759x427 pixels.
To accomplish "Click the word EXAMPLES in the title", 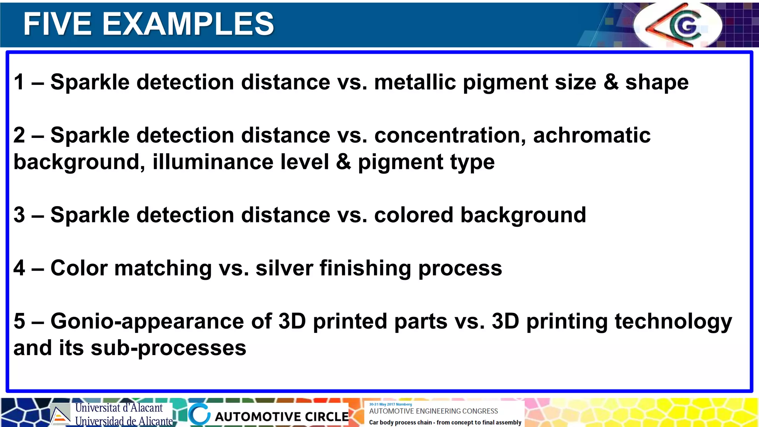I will click(x=188, y=24).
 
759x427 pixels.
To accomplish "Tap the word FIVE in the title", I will click(x=57, y=24).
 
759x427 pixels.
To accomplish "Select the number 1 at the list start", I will click(x=19, y=82).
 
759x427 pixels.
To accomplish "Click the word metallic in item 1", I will click(x=415, y=82).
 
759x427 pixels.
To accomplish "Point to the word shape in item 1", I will click(x=657, y=83).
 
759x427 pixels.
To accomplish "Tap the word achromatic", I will click(x=591, y=135).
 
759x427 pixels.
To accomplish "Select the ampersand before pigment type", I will click(x=343, y=162).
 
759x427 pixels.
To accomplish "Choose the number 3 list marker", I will click(x=19, y=215).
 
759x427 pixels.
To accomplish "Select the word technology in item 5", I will click(x=673, y=321).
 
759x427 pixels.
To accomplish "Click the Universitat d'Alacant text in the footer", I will click(x=119, y=408).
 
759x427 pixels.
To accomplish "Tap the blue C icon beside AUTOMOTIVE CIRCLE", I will click(x=199, y=414).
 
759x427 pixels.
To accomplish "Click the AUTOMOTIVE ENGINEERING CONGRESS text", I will click(x=433, y=411).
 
